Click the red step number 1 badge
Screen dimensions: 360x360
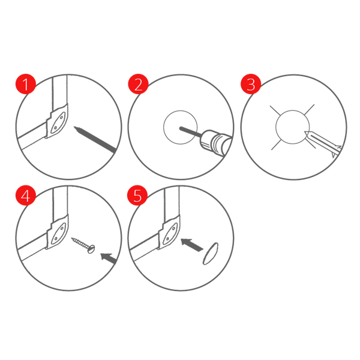25,84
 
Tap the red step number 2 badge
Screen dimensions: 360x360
138,84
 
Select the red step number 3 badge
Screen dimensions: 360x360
251,84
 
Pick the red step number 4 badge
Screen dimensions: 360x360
25,196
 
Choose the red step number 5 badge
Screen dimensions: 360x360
137,196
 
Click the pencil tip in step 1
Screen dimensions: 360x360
74,127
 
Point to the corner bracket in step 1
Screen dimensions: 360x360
58,121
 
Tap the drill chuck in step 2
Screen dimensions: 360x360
216,142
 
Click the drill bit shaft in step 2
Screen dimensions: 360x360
191,131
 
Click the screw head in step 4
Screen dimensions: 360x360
91,249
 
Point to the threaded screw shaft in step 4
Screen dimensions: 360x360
80,243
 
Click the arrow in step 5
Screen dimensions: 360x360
192,245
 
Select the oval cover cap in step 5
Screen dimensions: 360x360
211,253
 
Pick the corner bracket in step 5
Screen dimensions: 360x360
169,232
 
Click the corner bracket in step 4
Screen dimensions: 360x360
58,232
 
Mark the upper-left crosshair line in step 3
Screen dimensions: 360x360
275,110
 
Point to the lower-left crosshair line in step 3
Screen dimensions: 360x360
277,145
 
